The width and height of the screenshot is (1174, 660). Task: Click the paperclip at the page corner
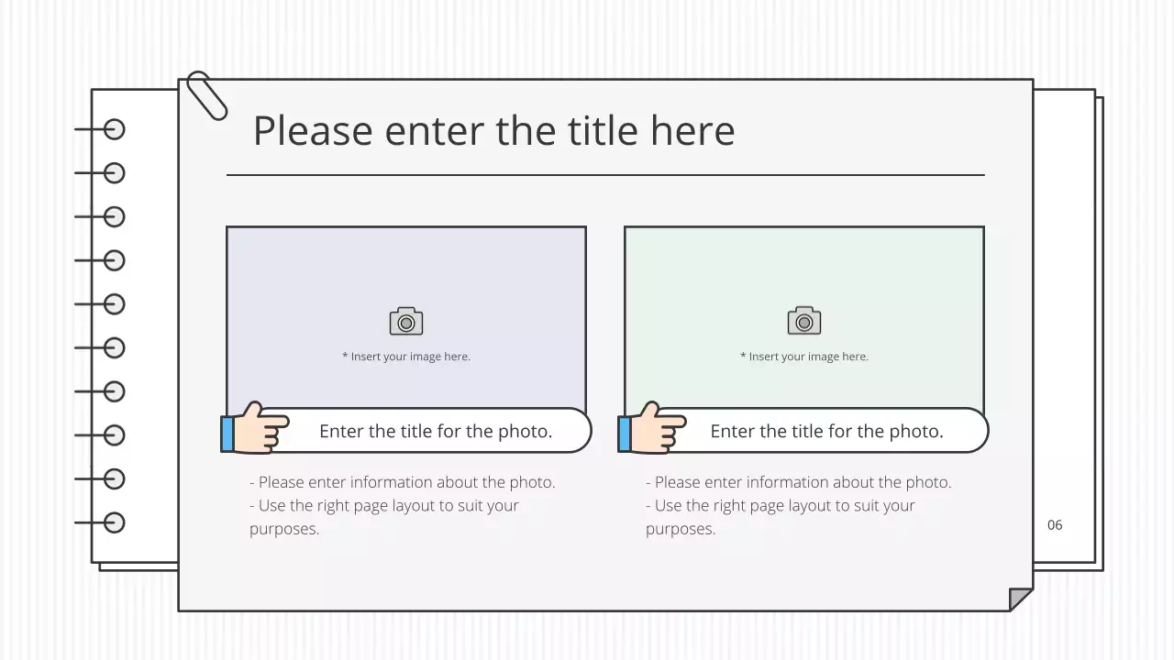tap(206, 94)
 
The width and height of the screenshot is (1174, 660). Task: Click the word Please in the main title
tap(313, 130)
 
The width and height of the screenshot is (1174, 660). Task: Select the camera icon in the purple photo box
tap(406, 322)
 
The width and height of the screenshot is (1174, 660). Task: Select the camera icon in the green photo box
tap(804, 322)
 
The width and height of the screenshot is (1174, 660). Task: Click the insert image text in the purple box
tap(406, 357)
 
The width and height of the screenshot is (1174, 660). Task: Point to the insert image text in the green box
tap(804, 357)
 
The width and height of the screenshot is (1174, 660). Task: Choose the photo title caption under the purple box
tap(436, 431)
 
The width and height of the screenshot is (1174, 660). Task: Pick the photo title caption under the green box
tap(826, 431)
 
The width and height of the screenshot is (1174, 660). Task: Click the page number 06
tap(1055, 525)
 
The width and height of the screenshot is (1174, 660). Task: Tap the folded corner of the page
tap(1020, 599)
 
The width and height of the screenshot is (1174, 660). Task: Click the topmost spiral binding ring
tap(114, 129)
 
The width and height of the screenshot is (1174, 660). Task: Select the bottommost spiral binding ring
tap(114, 522)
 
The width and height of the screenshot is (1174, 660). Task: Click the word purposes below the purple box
tap(284, 529)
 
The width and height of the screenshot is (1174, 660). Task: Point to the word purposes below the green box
tap(681, 529)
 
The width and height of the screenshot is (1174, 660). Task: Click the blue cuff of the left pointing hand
tap(227, 434)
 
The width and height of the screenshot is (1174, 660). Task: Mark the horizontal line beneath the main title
tap(605, 174)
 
